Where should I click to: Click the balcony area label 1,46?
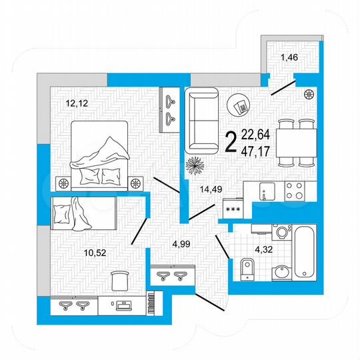(288, 58)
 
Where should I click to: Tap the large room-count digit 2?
(231, 142)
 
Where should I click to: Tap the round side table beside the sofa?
(240, 105)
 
